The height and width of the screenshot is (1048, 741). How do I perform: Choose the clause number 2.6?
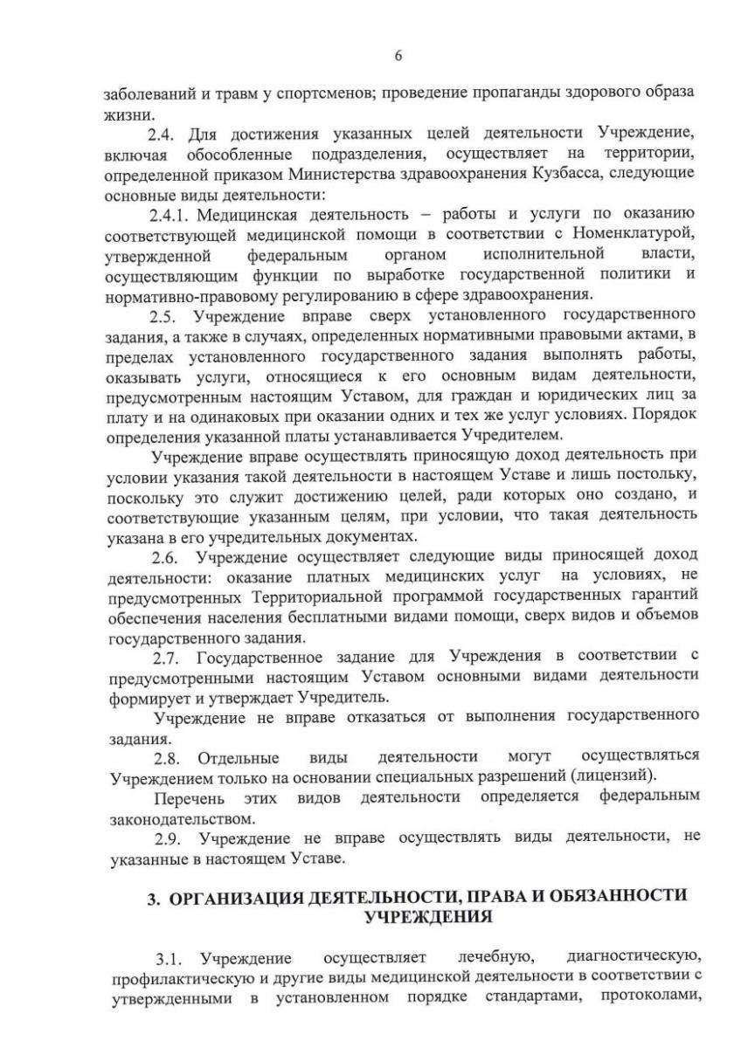(166, 555)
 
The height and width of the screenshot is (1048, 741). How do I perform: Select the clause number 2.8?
(166, 756)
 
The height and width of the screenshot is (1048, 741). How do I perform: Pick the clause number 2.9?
(166, 838)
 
